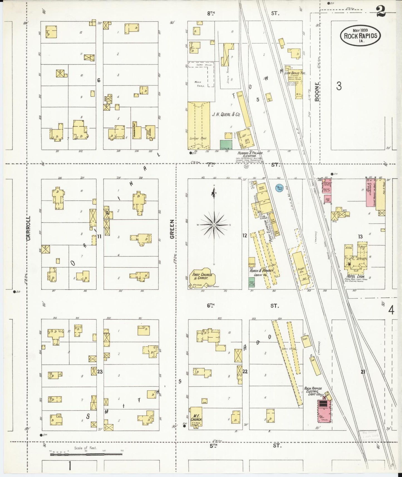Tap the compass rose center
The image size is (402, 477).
click(x=214, y=225)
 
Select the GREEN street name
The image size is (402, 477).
click(x=172, y=229)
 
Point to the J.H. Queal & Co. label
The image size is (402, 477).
click(x=226, y=114)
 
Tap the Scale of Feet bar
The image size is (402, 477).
click(x=86, y=454)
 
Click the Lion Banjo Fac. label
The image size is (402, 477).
click(x=295, y=73)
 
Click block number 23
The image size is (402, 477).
click(x=100, y=371)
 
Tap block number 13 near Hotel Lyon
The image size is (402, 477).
click(x=360, y=237)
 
